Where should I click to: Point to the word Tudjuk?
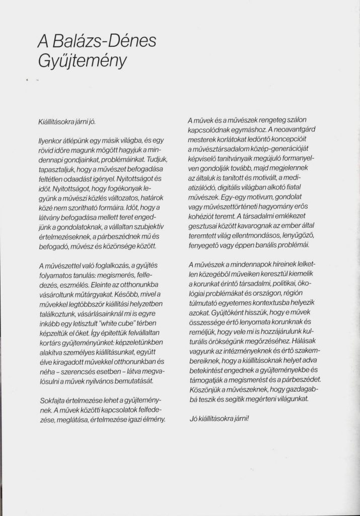pos(152,158)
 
